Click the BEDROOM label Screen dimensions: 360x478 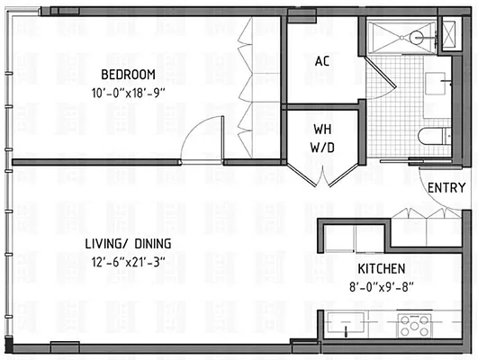[129, 74]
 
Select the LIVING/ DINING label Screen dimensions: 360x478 [130, 244]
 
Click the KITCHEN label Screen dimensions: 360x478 [379, 269]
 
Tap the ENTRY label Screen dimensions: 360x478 [447, 188]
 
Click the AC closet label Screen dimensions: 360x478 [322, 62]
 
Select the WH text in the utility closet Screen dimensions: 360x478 [323, 129]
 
